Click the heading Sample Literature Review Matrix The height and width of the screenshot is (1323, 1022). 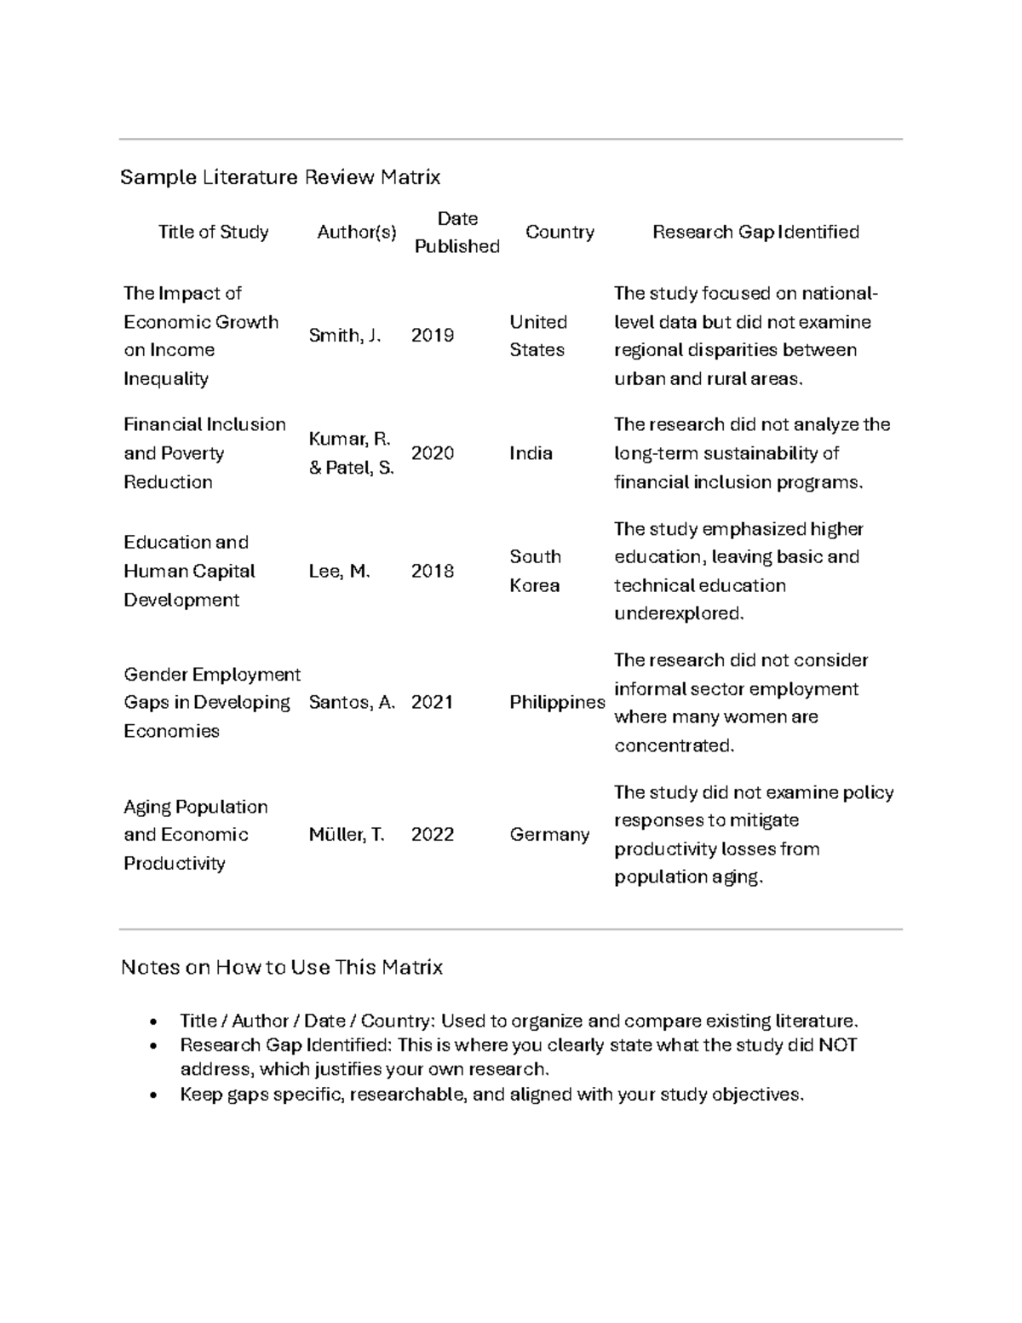coord(280,177)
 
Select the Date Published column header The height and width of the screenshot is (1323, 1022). coord(456,233)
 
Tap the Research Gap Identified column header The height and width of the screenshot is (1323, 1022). coord(755,232)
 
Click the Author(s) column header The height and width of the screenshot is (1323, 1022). coord(356,232)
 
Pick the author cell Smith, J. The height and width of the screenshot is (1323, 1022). coord(344,336)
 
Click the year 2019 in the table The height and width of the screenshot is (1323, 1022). coord(433,336)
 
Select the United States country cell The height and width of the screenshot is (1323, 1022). coord(537,336)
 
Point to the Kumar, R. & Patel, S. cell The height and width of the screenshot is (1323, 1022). coord(351,453)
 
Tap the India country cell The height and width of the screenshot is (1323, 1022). coord(531,453)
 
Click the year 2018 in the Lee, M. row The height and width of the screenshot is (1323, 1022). coord(433,571)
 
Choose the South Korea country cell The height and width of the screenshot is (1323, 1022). coord(535,571)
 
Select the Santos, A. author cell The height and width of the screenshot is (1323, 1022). coord(352,703)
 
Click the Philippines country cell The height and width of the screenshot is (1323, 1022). coord(557,703)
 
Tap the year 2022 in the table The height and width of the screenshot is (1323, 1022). coord(433,835)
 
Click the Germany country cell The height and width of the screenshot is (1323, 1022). coord(549,835)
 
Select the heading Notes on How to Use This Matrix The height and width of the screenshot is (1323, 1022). coord(282,968)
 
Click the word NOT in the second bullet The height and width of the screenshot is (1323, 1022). coord(838,1045)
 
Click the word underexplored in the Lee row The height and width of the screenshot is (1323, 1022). coord(679,613)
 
